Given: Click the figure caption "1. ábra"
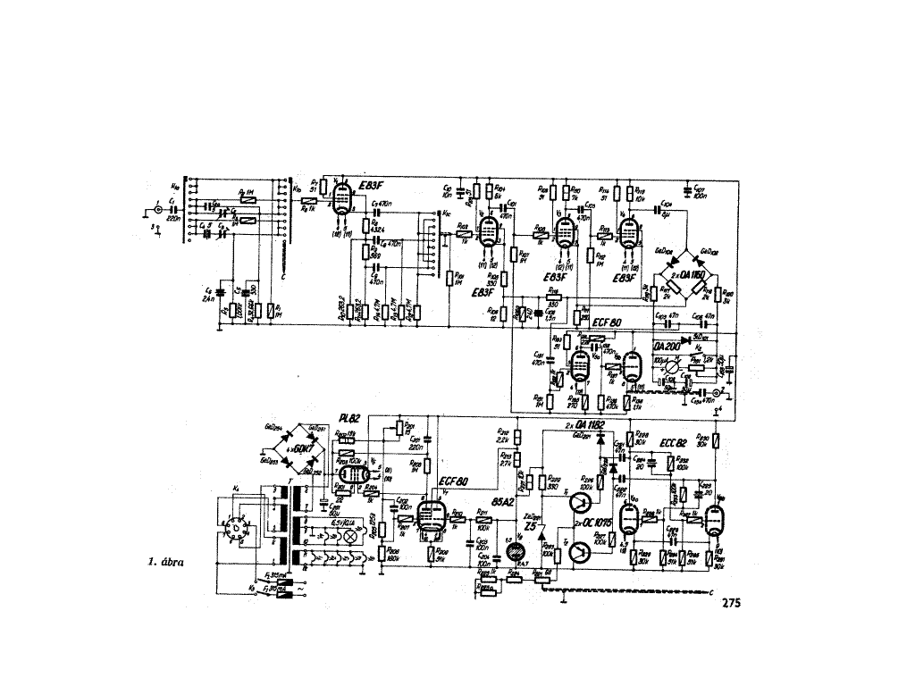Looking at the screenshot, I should point(167,564).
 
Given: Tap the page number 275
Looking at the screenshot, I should point(730,603).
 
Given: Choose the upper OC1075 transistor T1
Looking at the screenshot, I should point(581,506).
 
